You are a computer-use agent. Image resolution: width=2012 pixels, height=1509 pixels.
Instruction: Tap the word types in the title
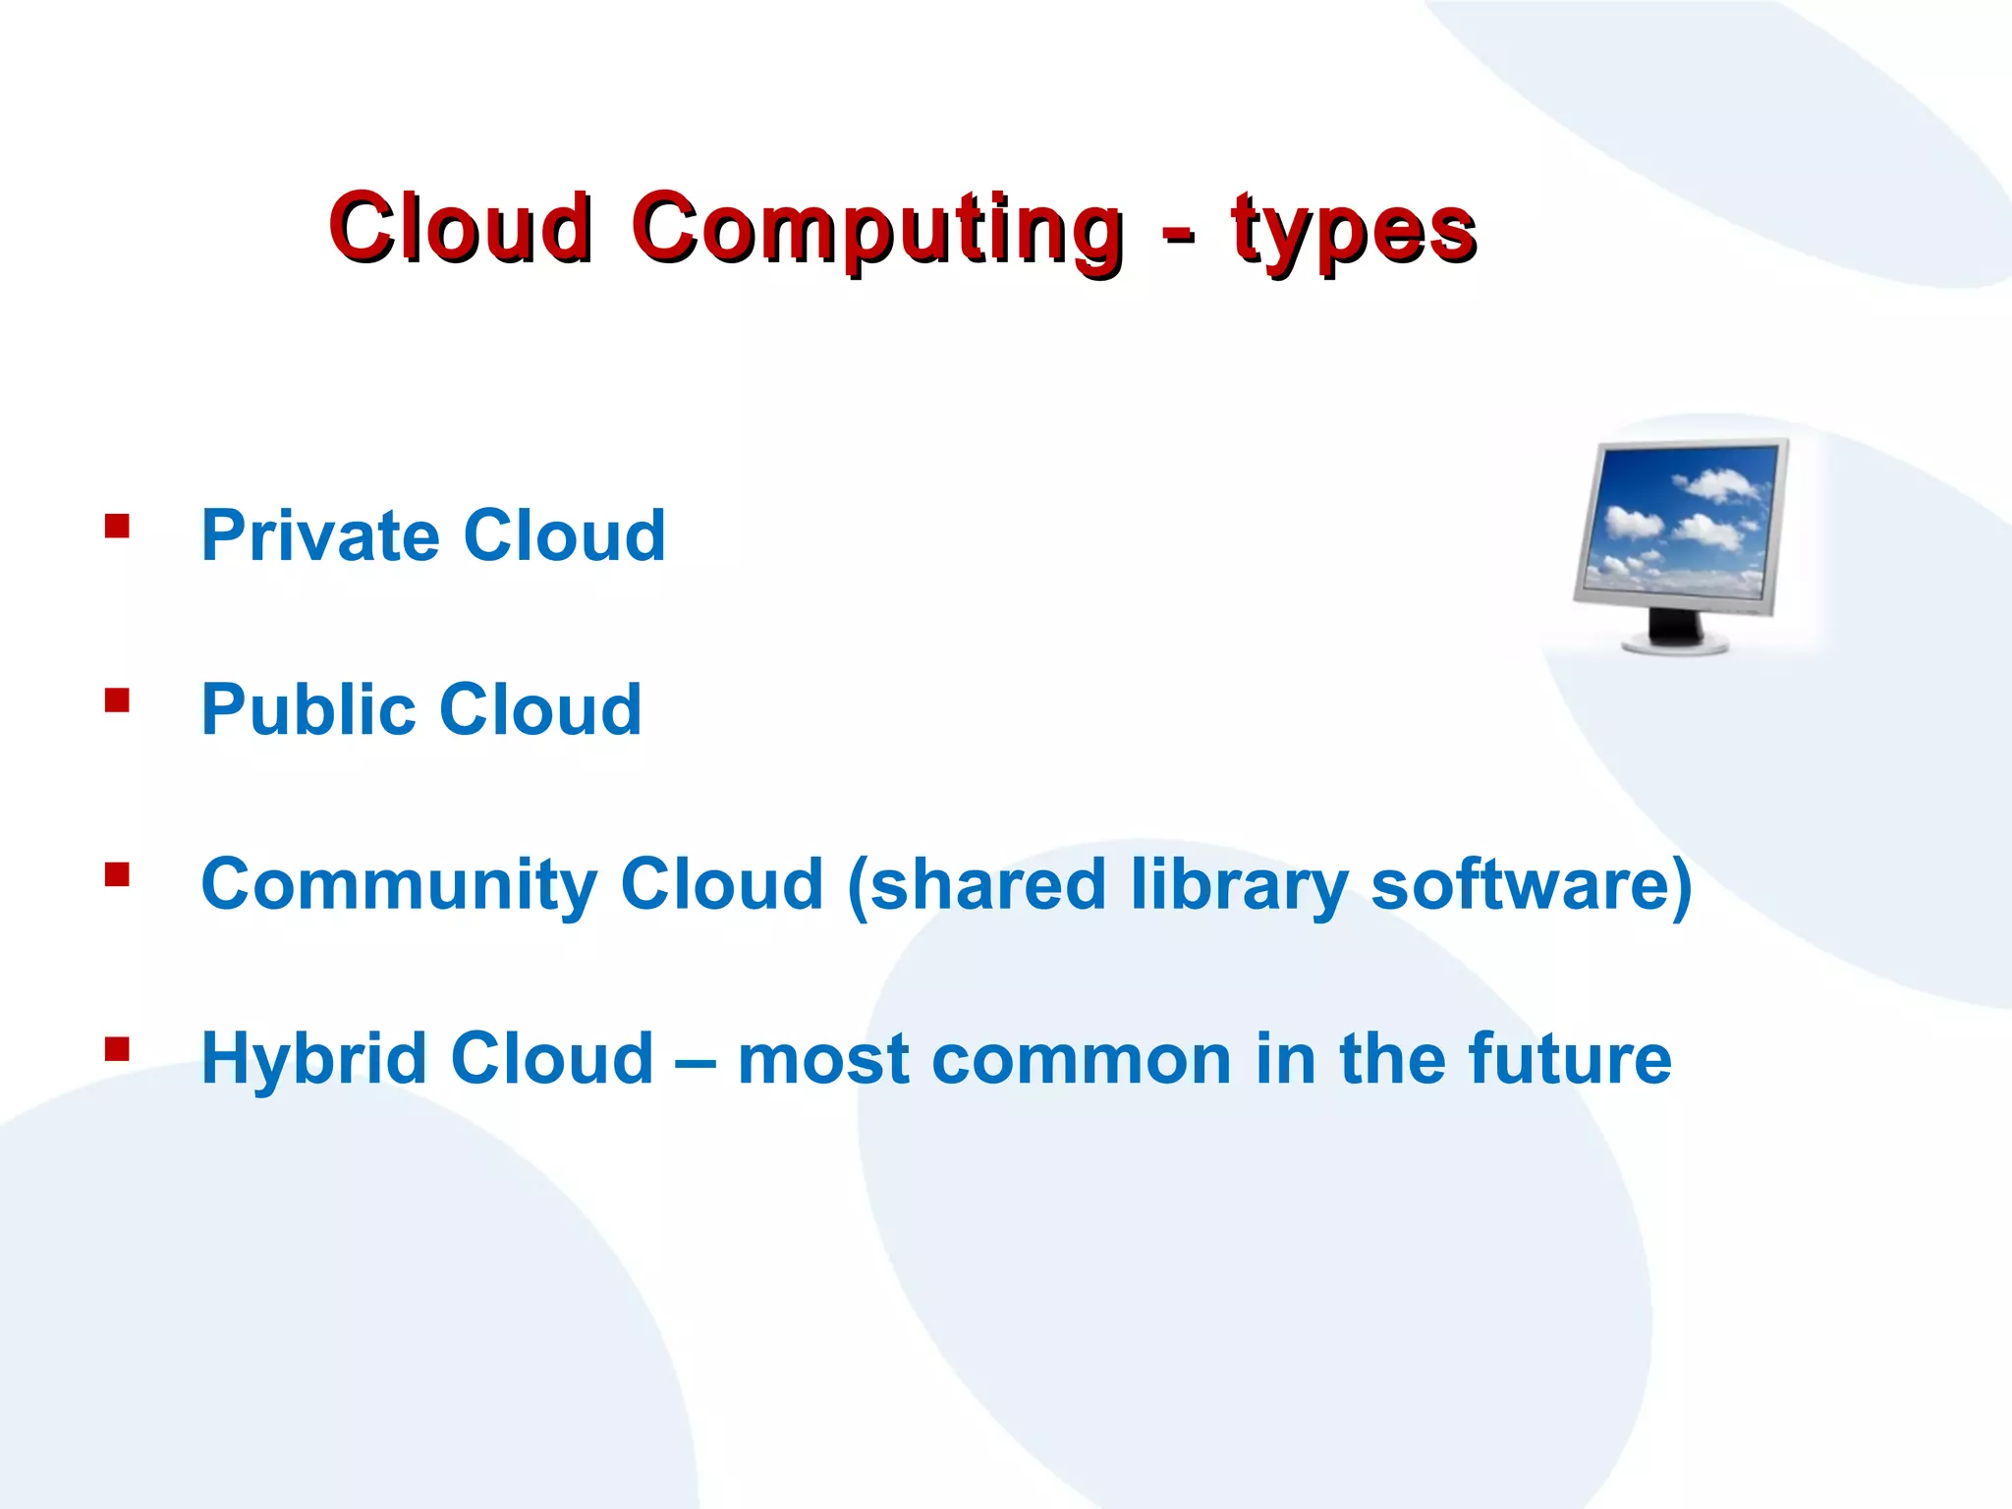pos(1354,231)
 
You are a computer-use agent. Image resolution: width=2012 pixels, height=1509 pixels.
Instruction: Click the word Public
pos(308,710)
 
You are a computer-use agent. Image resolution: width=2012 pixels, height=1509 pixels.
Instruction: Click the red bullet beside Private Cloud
pos(117,527)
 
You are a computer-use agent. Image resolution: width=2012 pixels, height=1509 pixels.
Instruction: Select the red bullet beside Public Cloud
pos(117,700)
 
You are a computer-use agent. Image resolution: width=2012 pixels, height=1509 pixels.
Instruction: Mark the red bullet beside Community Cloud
pos(117,874)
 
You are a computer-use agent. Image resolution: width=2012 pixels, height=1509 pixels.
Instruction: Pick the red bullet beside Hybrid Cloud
pos(117,1049)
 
